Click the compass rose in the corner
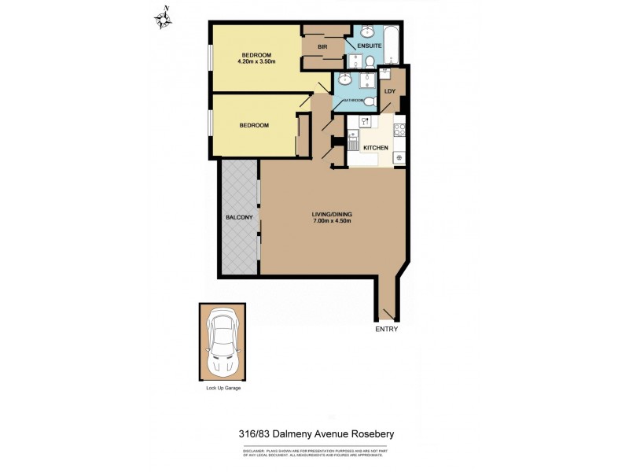tap(164, 17)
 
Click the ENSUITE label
tap(370, 46)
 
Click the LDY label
tap(389, 91)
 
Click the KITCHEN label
tap(375, 148)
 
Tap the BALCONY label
tap(238, 217)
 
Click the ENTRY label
tap(386, 329)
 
